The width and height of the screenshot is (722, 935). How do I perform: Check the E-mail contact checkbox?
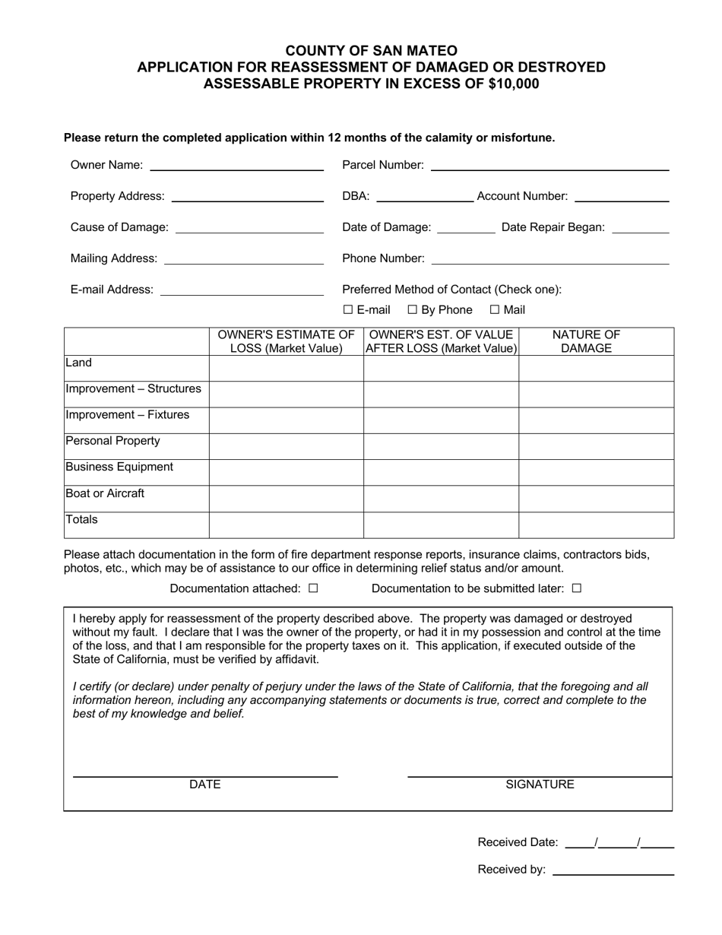click(x=348, y=310)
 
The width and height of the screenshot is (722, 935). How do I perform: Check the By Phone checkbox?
click(x=413, y=310)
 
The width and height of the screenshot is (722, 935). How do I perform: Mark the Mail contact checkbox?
click(x=495, y=310)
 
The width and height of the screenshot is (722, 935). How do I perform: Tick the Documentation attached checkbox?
click(x=313, y=588)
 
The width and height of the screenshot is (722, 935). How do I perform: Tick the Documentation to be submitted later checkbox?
click(x=576, y=588)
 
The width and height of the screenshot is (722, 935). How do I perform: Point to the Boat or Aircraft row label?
click(x=105, y=493)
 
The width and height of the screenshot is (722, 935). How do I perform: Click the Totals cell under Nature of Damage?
click(x=596, y=525)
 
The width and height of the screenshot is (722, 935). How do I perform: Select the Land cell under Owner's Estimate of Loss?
click(x=286, y=368)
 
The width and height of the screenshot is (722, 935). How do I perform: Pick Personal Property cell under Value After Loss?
click(x=441, y=446)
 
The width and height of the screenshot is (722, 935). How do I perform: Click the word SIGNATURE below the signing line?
click(x=540, y=784)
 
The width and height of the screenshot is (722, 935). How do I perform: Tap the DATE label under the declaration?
click(x=204, y=784)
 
